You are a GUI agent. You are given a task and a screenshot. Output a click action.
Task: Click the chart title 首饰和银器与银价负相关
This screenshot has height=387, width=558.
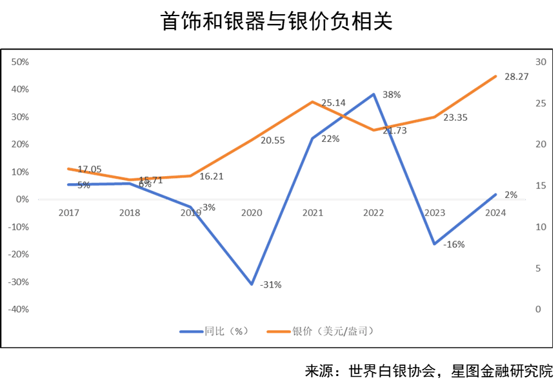pyautogui.click(x=278, y=23)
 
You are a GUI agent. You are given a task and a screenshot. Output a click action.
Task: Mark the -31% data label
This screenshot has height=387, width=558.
pyautogui.click(x=271, y=284)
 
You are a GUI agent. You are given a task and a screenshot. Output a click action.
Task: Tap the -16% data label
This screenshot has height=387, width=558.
pyautogui.click(x=454, y=244)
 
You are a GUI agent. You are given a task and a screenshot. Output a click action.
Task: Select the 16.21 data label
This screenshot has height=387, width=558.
pyautogui.click(x=211, y=175)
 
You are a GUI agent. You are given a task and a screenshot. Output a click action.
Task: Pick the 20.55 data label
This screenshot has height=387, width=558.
pyautogui.click(x=273, y=140)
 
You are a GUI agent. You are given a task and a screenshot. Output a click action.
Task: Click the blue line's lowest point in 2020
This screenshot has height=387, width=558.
pyautogui.click(x=251, y=284)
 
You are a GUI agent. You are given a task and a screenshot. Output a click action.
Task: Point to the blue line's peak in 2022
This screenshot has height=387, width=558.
pyautogui.click(x=374, y=94)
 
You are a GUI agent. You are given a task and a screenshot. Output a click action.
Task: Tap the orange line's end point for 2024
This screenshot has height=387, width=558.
pyautogui.click(x=495, y=76)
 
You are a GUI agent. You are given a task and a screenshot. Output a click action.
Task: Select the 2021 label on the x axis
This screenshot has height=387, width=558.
pyautogui.click(x=312, y=212)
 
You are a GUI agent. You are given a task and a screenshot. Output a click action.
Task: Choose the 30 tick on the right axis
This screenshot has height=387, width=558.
pyautogui.click(x=541, y=62)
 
